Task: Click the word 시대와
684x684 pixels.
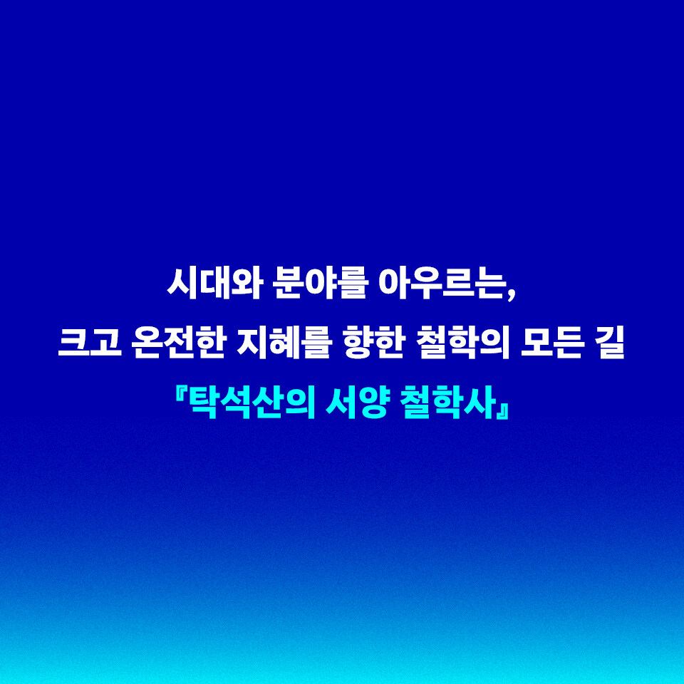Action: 214,284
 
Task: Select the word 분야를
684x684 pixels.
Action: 321,284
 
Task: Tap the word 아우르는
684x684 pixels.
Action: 442,284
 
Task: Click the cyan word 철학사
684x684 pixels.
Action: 447,402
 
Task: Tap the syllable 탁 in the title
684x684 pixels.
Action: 204,402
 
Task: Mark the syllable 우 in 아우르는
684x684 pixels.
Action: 426,284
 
